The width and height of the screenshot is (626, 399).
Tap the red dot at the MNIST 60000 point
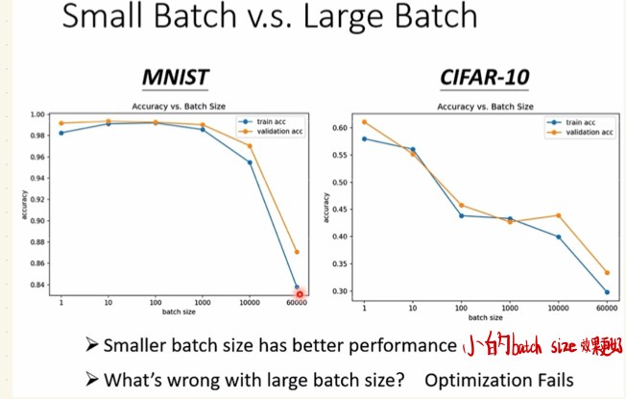click(x=299, y=293)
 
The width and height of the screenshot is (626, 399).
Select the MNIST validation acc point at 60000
click(x=297, y=252)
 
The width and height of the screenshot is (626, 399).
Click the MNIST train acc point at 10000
click(x=249, y=162)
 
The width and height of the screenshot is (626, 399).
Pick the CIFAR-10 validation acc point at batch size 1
click(x=364, y=122)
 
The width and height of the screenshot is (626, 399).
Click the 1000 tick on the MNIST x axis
click(x=201, y=303)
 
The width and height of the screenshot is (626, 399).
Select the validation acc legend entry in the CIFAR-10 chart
click(x=585, y=132)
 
